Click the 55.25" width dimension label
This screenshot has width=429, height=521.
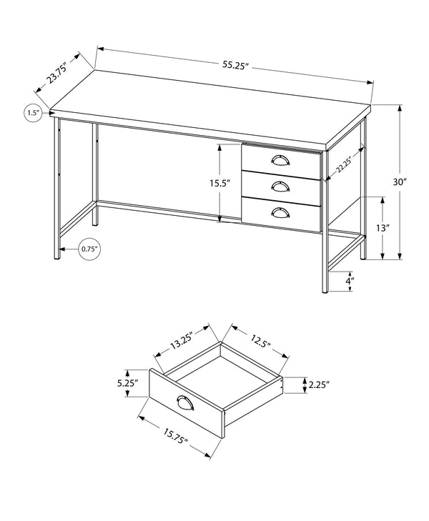click(234, 65)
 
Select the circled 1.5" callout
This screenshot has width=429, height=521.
click(32, 113)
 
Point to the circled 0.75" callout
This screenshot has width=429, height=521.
click(89, 249)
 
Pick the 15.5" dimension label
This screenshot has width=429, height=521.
click(220, 183)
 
